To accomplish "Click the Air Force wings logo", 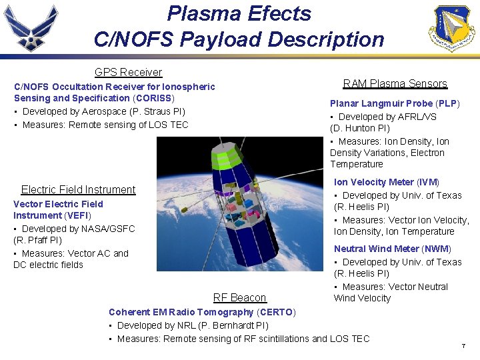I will [31, 28].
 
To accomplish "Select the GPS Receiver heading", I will [128, 72].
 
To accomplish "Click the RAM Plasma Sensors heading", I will [395, 83].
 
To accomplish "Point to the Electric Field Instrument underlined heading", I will [78, 189].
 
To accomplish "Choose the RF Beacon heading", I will [239, 297].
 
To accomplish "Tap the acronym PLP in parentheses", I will [447, 103].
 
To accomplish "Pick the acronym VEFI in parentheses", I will [77, 215].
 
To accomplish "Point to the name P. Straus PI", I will [159, 111].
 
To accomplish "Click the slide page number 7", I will [463, 346].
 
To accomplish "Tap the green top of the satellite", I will [225, 159].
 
